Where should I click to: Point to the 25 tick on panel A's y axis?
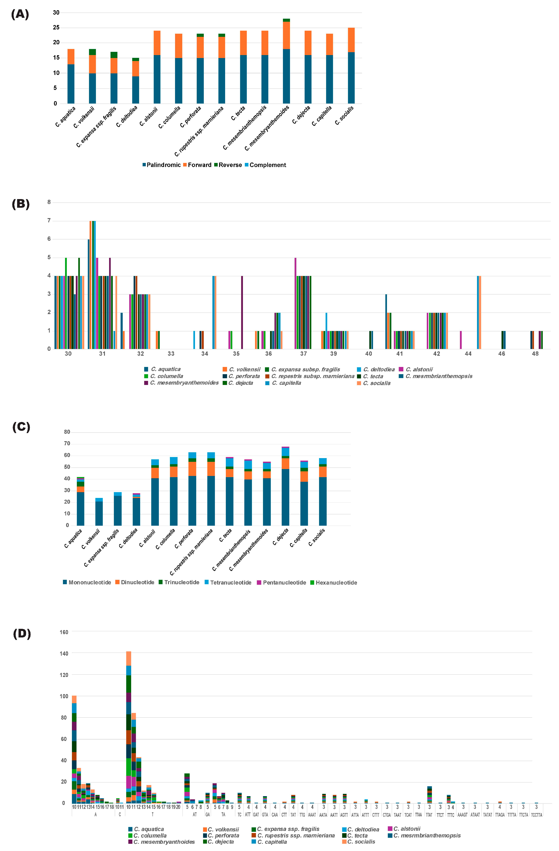coord(56,28)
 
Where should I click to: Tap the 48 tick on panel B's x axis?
coord(535,354)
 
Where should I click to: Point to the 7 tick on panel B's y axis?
coord(49,221)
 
